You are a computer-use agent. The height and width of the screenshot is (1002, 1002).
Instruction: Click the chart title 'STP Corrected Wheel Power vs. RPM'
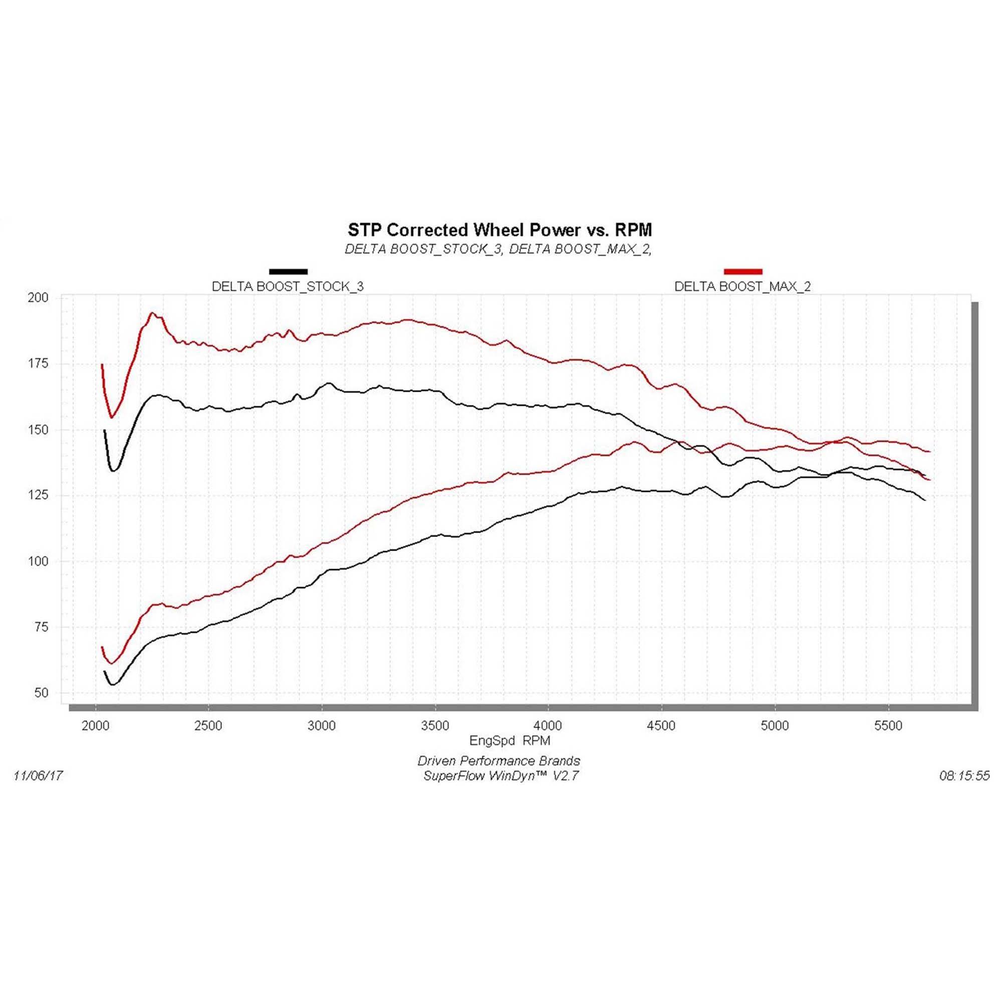499,229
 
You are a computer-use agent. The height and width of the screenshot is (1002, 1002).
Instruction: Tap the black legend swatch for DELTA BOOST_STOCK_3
289,271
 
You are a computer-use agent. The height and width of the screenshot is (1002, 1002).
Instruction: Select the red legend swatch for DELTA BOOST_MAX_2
742,271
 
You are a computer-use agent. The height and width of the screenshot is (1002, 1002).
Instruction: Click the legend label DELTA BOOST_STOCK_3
288,286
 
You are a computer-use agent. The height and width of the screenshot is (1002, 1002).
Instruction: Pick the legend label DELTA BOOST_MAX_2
742,286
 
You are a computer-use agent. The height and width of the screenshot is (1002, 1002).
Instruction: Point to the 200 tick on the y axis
38,298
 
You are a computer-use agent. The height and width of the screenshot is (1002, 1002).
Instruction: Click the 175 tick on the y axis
38,364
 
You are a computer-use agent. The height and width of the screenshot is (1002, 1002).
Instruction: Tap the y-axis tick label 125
38,495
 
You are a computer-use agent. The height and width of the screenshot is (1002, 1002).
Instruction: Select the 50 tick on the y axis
41,693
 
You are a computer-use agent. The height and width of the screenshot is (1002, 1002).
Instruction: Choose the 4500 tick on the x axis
662,725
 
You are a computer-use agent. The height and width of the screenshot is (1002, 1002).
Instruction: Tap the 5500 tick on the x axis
888,725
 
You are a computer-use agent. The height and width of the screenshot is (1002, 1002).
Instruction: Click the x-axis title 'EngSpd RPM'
510,740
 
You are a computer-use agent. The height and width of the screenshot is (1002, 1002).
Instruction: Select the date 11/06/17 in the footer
38,776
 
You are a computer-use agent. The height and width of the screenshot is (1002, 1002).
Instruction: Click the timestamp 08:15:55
964,776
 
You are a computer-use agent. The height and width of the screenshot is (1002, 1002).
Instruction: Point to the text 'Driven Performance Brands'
498,761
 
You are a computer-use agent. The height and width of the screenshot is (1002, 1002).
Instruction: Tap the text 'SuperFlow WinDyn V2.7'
500,776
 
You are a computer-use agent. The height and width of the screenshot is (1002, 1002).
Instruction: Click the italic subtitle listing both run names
498,249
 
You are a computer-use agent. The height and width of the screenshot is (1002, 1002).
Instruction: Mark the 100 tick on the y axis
38,561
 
